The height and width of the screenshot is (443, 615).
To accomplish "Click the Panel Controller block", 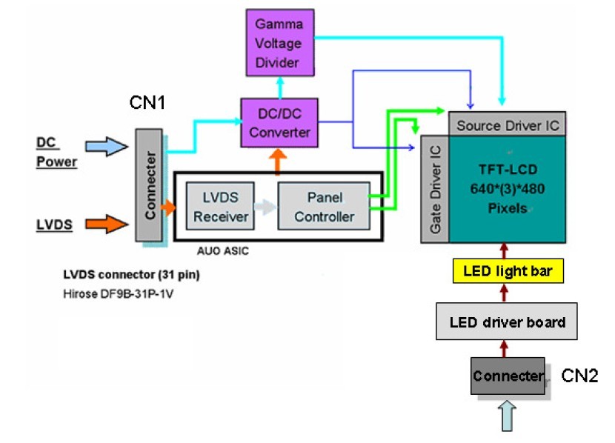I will (x=324, y=206).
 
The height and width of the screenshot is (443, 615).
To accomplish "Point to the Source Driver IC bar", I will (x=508, y=124).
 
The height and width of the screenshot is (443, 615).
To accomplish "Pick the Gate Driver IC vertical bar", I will (x=434, y=189).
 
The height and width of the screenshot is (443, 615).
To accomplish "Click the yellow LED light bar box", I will (x=504, y=272).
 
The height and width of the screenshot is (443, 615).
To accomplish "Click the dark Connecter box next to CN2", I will (x=508, y=376).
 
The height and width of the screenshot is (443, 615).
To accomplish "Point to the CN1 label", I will (x=147, y=101).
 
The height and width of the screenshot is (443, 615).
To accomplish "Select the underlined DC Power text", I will (x=57, y=150).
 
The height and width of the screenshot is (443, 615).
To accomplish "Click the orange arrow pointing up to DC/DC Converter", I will (x=279, y=160).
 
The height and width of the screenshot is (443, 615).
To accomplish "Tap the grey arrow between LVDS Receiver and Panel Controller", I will (x=262, y=206).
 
